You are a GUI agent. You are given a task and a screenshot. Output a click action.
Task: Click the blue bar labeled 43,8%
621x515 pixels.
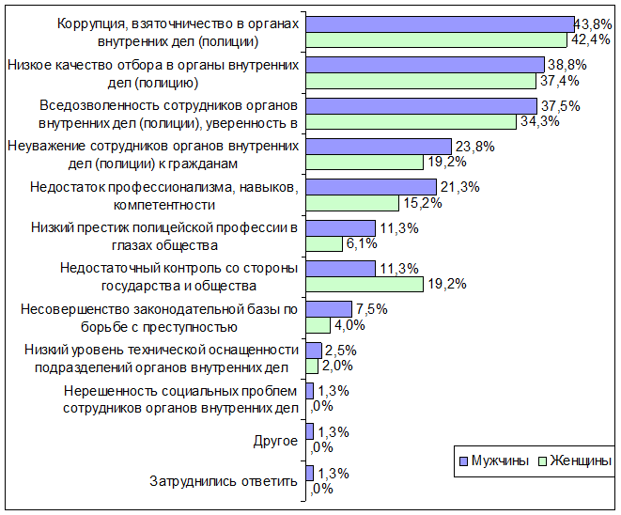(x=440, y=24)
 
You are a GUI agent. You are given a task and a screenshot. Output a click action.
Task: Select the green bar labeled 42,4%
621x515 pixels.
(x=436, y=40)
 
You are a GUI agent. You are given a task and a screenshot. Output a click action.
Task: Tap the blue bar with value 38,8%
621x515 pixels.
(x=425, y=65)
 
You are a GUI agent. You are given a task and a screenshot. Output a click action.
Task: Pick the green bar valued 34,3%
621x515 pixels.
(x=411, y=121)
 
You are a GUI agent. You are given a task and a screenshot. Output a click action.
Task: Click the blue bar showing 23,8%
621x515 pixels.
(x=379, y=147)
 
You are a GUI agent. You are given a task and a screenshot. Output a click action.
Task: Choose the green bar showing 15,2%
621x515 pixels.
(x=352, y=203)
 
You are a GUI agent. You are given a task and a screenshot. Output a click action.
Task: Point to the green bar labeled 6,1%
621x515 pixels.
(x=324, y=243)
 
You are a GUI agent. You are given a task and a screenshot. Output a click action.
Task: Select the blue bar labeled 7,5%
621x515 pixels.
(x=329, y=309)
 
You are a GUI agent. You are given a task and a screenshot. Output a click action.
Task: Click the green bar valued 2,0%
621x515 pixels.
(x=312, y=366)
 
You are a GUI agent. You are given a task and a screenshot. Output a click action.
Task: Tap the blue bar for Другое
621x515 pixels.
(x=310, y=431)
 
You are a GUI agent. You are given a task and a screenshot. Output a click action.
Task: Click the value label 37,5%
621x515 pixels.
(x=561, y=106)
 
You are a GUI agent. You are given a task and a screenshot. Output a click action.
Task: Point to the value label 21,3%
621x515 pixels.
(x=459, y=187)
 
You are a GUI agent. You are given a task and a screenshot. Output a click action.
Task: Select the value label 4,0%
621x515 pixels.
(x=349, y=325)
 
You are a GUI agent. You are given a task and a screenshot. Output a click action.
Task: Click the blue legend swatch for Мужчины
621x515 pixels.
(x=463, y=461)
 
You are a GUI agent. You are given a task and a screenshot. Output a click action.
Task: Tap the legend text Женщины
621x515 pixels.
(x=581, y=460)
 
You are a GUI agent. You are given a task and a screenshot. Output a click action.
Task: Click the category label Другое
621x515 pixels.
(x=275, y=441)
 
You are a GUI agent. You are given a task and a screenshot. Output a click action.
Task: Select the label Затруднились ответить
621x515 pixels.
(x=224, y=481)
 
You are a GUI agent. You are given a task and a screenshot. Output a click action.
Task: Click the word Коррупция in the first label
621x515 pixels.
(x=92, y=24)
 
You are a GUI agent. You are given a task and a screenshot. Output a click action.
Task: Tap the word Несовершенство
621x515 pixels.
(x=75, y=309)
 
